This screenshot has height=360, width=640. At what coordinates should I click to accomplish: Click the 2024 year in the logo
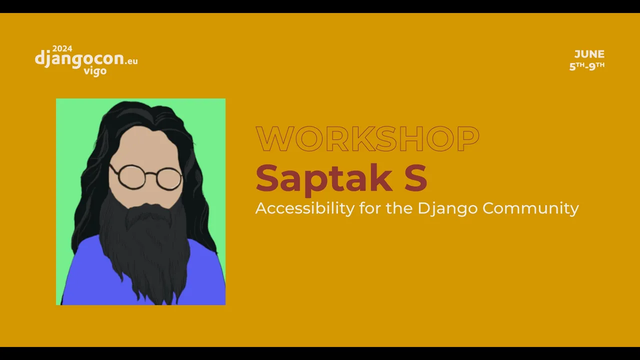point(62,48)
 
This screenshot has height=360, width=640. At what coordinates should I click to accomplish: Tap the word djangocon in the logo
point(79,58)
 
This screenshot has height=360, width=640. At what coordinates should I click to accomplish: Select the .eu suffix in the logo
point(131,61)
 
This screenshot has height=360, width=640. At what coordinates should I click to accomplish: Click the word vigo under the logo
point(95,71)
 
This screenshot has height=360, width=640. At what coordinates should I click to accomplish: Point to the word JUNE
point(589,54)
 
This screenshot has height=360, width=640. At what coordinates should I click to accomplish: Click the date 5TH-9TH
point(587,66)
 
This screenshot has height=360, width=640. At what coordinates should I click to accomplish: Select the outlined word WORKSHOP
point(367,139)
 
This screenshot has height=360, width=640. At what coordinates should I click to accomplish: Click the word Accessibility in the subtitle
point(305,208)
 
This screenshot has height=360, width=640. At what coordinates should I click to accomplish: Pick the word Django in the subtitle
point(447,209)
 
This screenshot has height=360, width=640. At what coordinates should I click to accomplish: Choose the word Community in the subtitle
point(530,209)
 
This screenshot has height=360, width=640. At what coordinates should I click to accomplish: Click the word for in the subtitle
point(370,208)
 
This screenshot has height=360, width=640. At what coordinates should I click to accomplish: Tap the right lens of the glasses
point(169,179)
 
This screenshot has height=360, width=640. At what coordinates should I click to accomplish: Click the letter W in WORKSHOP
point(275,139)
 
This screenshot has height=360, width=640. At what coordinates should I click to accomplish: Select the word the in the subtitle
point(399,208)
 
